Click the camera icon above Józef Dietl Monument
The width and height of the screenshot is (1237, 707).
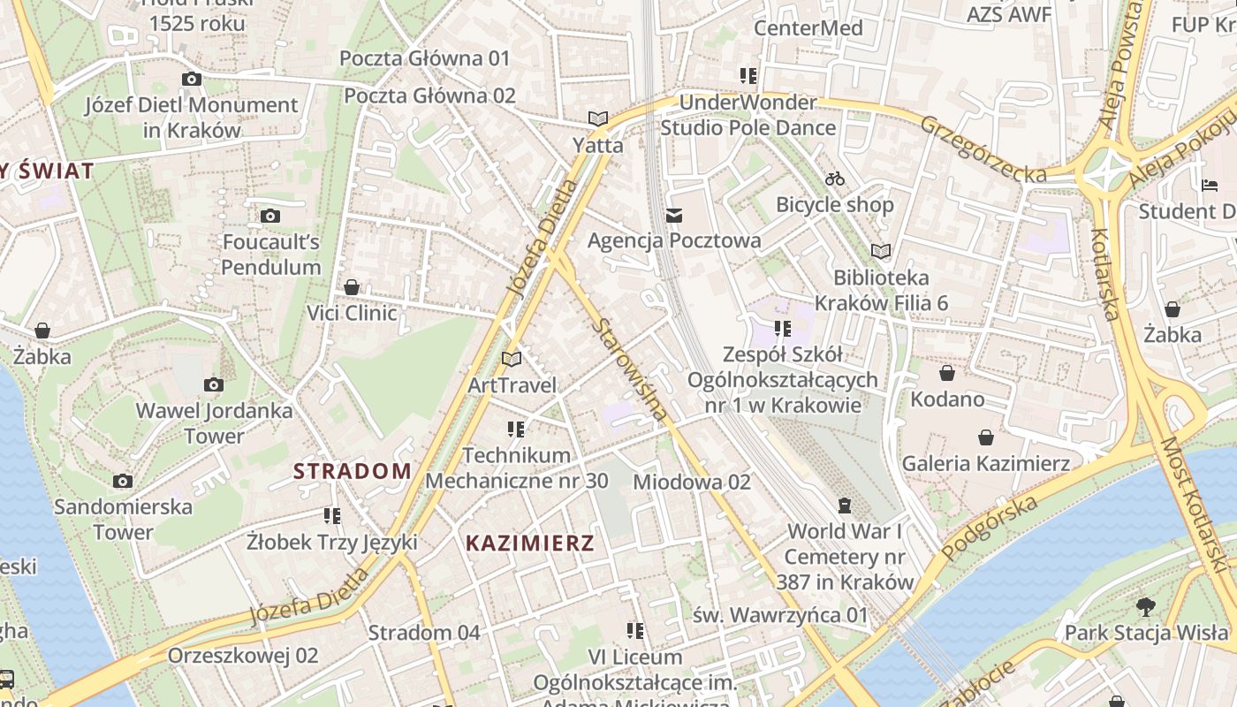point(192,79)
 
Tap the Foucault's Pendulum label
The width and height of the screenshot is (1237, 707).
point(271,255)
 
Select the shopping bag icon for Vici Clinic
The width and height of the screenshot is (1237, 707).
point(352,287)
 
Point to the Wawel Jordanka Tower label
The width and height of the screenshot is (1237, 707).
point(214,423)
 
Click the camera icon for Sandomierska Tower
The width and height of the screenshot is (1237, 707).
point(123,481)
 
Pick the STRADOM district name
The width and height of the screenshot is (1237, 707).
point(353,471)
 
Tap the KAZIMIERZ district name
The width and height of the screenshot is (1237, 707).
point(530,543)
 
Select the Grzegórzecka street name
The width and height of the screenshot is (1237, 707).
point(983,148)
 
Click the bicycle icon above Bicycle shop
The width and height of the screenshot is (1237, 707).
point(835,179)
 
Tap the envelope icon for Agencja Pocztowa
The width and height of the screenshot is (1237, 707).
point(675,216)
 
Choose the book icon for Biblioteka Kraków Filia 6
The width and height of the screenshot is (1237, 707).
point(881,251)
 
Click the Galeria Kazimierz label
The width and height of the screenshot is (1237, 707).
point(985,463)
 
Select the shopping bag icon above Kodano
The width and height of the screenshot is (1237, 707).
point(947,373)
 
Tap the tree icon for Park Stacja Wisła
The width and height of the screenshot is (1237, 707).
point(1146,607)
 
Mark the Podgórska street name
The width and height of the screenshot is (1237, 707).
point(989,528)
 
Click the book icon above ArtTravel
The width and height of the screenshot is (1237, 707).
point(512,359)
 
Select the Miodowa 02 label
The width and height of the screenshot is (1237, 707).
point(692,482)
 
